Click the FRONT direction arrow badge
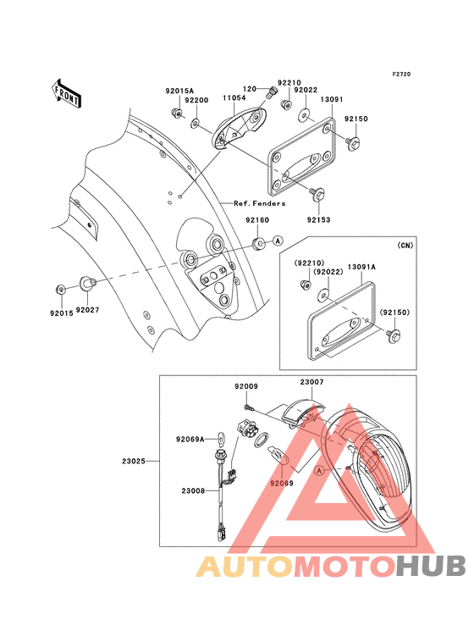(67, 92)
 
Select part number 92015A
(179, 91)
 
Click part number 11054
(235, 99)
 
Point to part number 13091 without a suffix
(331, 99)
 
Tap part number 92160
(258, 220)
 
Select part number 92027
(88, 311)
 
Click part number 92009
(246, 386)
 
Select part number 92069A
(190, 439)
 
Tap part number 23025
(134, 462)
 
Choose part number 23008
(193, 490)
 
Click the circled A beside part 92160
(278, 241)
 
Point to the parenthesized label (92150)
(394, 313)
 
